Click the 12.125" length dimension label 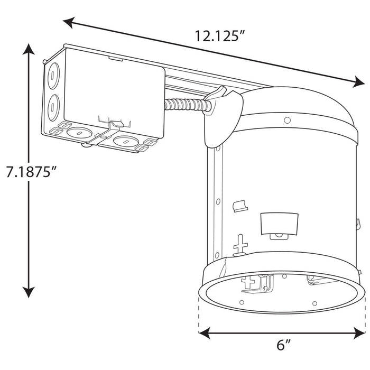tap(220, 36)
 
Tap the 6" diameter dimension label tap(284, 346)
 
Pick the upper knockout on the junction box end tap(53, 76)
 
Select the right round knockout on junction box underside tap(125, 141)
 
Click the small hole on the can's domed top tap(287, 121)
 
